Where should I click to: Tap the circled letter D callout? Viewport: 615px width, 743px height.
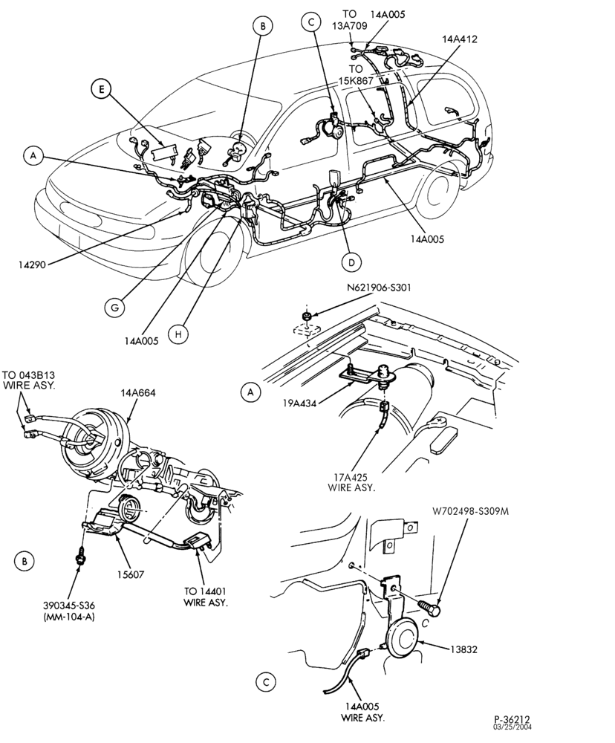click(351, 262)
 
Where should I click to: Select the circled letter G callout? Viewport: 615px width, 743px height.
click(115, 307)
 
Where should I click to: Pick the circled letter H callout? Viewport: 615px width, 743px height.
click(178, 334)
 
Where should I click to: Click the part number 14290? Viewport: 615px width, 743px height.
click(32, 265)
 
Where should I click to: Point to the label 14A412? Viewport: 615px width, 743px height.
click(460, 39)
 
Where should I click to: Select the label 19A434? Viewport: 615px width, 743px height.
click(300, 403)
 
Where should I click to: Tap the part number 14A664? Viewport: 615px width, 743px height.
click(138, 393)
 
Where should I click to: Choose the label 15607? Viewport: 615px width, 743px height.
click(131, 575)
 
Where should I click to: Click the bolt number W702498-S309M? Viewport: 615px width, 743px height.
click(470, 512)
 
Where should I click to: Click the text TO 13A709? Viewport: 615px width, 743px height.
click(350, 20)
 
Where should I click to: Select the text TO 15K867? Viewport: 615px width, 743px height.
click(357, 75)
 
